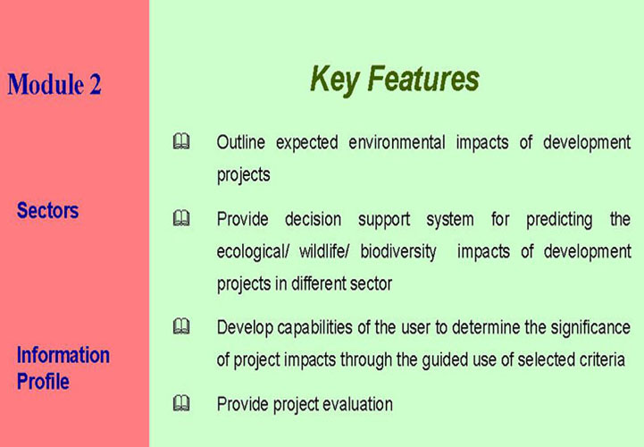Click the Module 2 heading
[54, 84]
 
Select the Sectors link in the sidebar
[47, 210]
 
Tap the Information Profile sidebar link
[63, 367]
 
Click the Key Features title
[395, 80]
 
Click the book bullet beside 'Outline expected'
[181, 141]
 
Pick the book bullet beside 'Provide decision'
[181, 218]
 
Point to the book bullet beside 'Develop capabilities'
[181, 326]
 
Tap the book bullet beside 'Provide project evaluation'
[181, 403]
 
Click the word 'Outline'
[241, 142]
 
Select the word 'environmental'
[397, 142]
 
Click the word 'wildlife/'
[324, 251]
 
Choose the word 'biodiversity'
[398, 252]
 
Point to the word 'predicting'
[559, 220]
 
